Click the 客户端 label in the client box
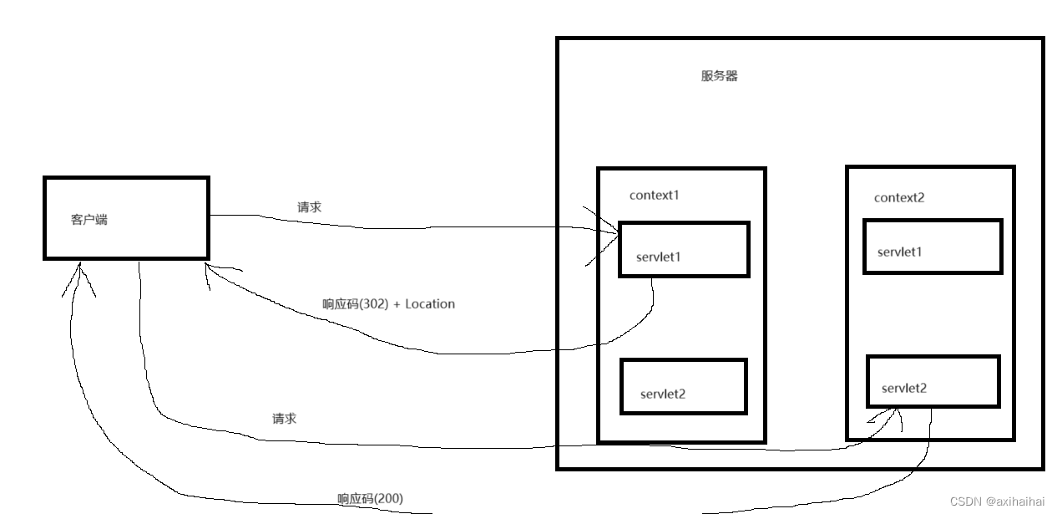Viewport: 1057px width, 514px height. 89,220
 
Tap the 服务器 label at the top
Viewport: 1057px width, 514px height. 719,76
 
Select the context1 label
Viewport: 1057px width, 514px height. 655,196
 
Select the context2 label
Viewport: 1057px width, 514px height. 899,198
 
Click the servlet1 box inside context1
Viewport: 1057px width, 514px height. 684,249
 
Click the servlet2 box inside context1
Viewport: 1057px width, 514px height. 683,386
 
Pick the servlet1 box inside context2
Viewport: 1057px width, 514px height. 932,247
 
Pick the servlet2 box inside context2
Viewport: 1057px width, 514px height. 933,382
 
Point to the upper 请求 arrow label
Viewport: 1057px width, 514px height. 309,207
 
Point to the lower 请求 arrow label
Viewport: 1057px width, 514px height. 284,419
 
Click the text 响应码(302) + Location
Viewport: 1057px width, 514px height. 388,304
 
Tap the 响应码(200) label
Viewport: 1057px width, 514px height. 370,499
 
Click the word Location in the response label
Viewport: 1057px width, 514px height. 430,304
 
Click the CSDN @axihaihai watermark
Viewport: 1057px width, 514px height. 997,501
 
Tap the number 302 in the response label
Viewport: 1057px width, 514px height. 376,304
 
